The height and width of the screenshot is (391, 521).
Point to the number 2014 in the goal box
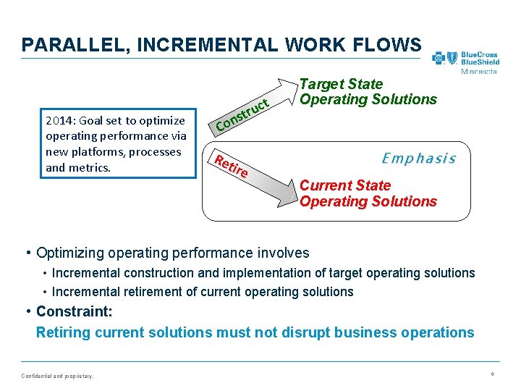(58, 120)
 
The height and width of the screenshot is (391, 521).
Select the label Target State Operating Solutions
(368, 92)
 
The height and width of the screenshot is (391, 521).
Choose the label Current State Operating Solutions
(368, 193)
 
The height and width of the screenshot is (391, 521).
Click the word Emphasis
(418, 158)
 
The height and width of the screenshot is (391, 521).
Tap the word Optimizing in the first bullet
(69, 253)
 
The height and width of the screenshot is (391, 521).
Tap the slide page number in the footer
(492, 374)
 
